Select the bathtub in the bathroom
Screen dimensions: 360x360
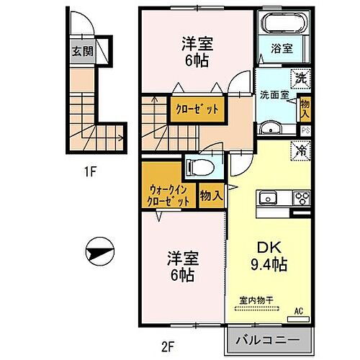coord(283,25)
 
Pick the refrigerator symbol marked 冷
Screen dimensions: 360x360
coord(297,152)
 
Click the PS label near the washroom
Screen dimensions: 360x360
coord(305,130)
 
